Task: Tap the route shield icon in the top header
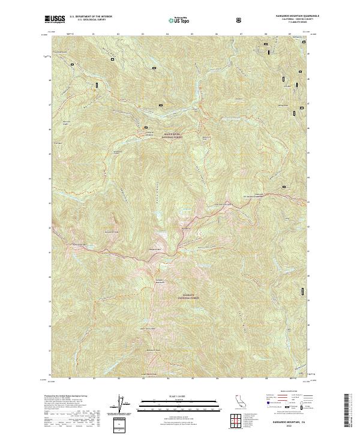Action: [x=240, y=20]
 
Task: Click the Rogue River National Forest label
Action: [x=171, y=136]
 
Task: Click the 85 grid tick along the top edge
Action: [x=192, y=35]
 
